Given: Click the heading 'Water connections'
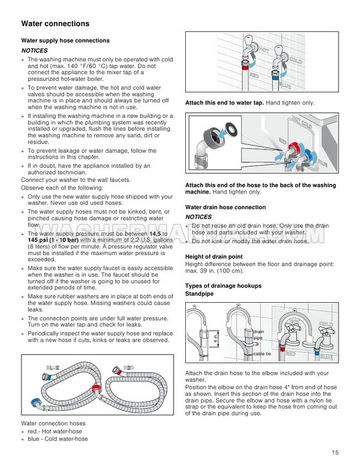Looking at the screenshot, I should click(55, 24).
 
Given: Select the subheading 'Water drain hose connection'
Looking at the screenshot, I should click(225, 207).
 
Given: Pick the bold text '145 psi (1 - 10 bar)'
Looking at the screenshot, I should click(49, 239).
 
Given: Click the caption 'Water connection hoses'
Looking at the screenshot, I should click(53, 423).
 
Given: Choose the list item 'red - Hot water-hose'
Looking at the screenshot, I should click(55, 432).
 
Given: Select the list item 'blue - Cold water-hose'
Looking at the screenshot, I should click(57, 440).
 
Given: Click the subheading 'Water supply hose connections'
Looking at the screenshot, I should click(65, 41).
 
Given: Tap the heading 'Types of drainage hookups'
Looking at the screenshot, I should click(223, 286).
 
